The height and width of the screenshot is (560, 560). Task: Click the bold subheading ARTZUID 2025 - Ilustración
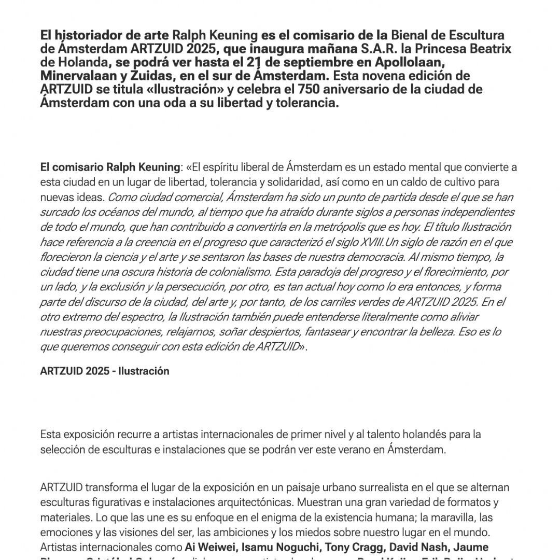click(x=105, y=371)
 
